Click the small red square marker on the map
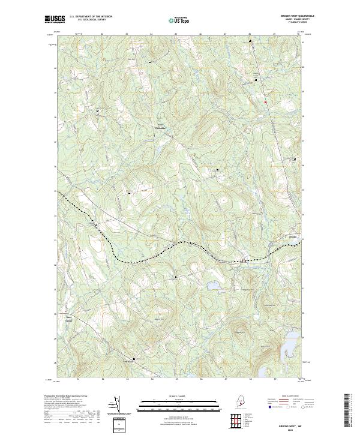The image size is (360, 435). coord(265,102)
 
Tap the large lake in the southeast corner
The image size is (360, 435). coord(289,347)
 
